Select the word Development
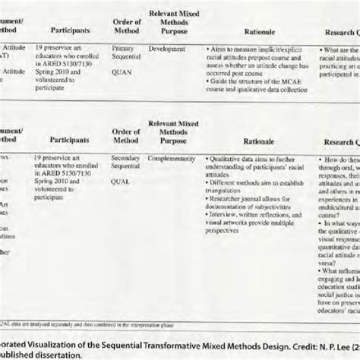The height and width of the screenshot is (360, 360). [x=167, y=48]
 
